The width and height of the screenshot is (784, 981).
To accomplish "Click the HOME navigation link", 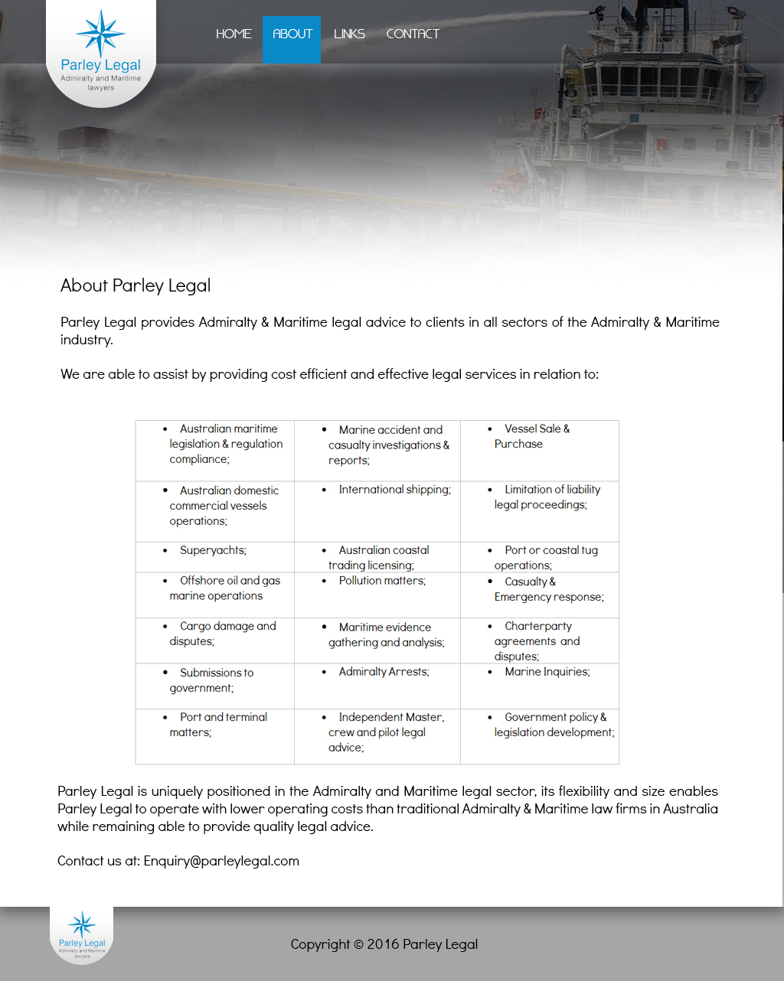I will (234, 34).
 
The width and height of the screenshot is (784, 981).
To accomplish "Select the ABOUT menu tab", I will (292, 34).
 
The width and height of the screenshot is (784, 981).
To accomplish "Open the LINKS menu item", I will (349, 34).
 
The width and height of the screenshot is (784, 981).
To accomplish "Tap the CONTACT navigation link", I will (413, 34).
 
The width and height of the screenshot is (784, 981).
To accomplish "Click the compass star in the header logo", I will (100, 34).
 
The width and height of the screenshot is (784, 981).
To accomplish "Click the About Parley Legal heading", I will (136, 285).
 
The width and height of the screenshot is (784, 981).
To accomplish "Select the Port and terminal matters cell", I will (218, 725).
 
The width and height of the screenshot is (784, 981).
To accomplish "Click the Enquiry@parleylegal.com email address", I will (221, 861).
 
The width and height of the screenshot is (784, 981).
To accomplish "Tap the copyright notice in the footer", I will (384, 944).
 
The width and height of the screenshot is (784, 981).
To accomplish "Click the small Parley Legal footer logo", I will (82, 934).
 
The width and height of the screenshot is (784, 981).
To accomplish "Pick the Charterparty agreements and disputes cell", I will (537, 641).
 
